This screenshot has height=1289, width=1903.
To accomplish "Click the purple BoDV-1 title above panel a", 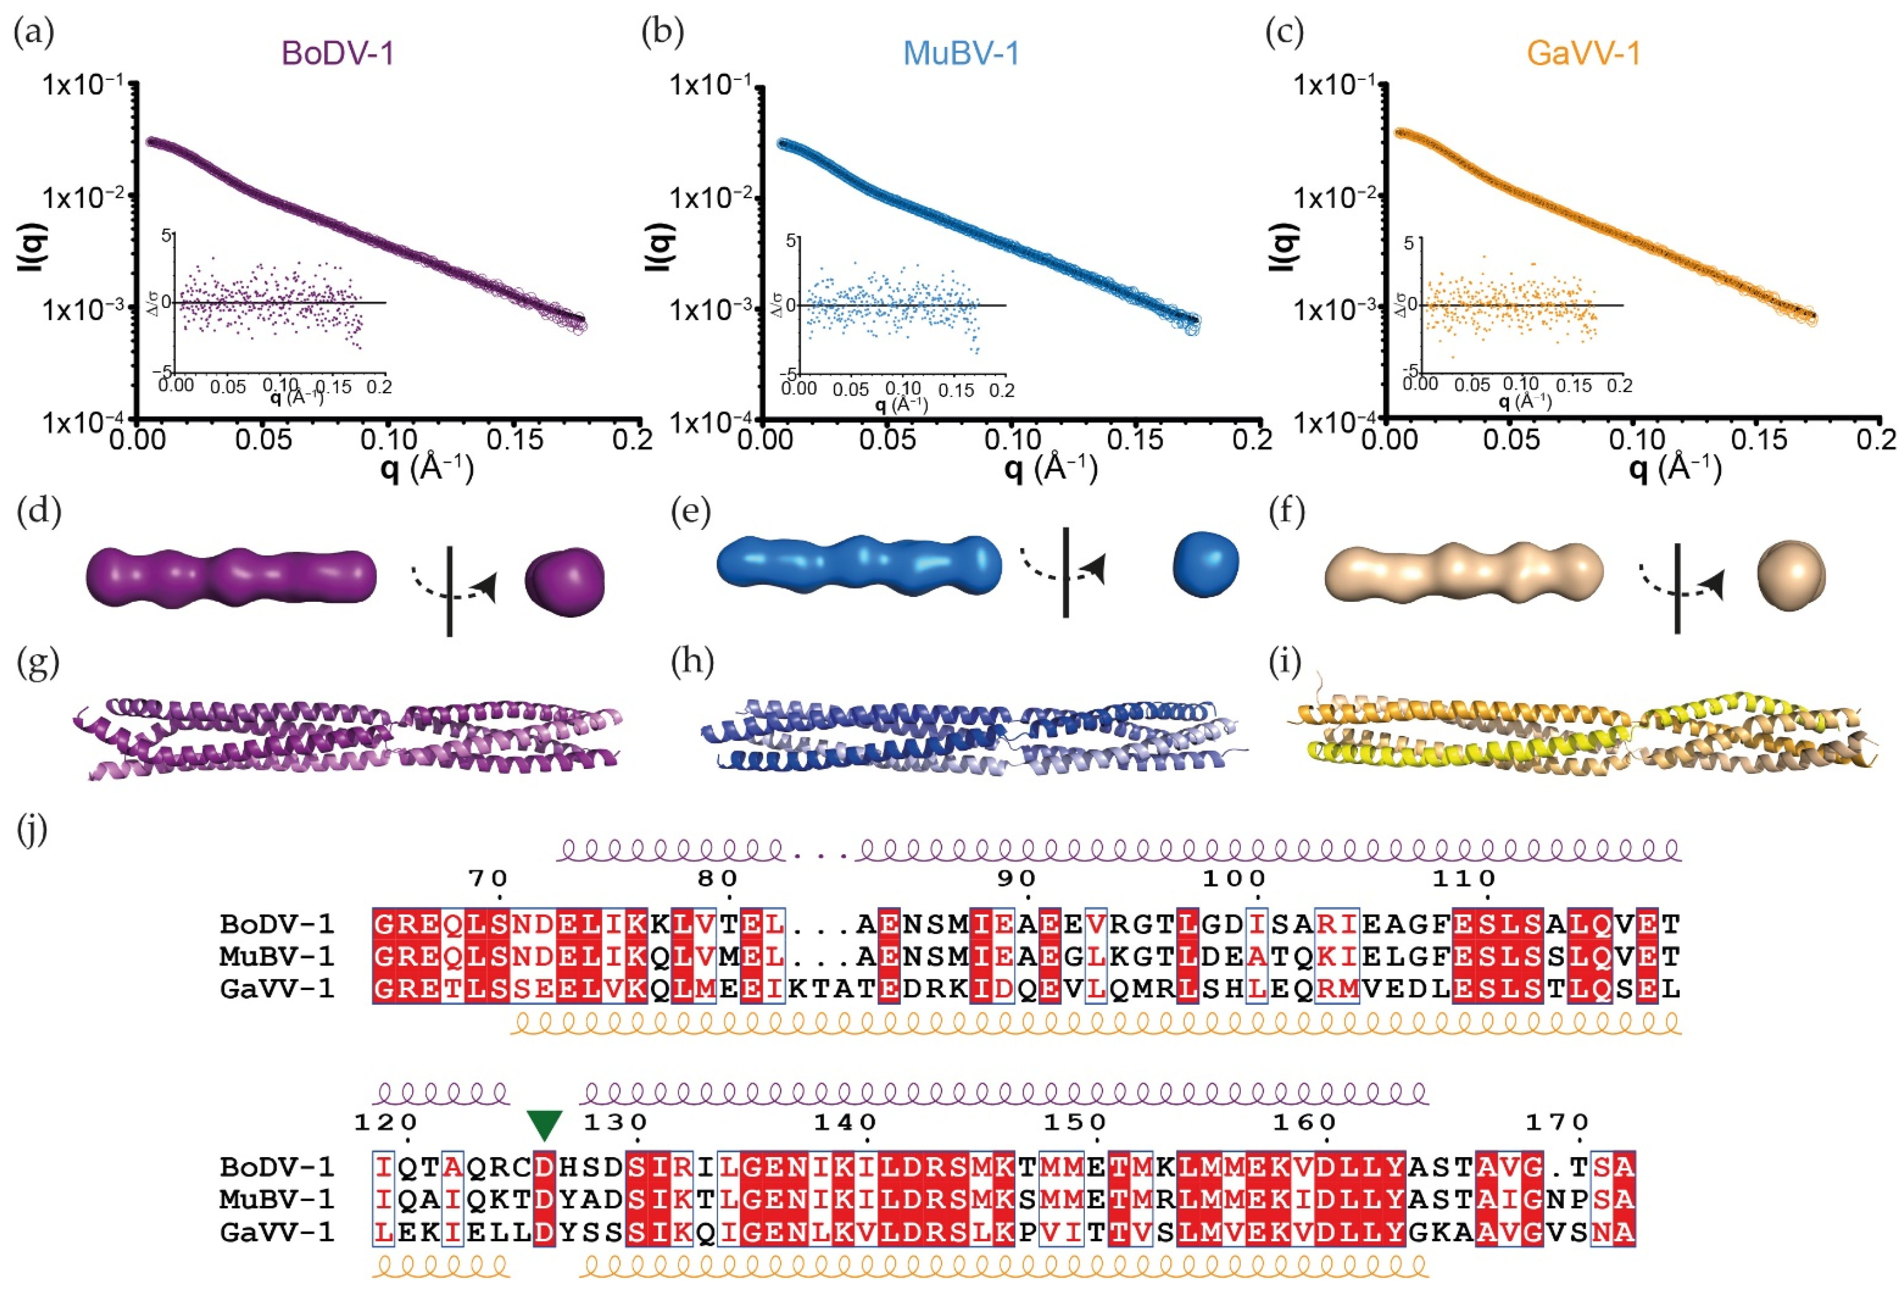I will coord(337,53).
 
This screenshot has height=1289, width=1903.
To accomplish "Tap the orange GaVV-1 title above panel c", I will coord(1584,53).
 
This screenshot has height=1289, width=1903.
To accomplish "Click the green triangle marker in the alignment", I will coord(545,1125).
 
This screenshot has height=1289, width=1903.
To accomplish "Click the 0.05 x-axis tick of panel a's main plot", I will coord(263,440).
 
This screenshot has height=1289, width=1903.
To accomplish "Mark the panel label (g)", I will coord(38,662).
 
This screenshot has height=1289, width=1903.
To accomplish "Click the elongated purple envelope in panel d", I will coord(231,577).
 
